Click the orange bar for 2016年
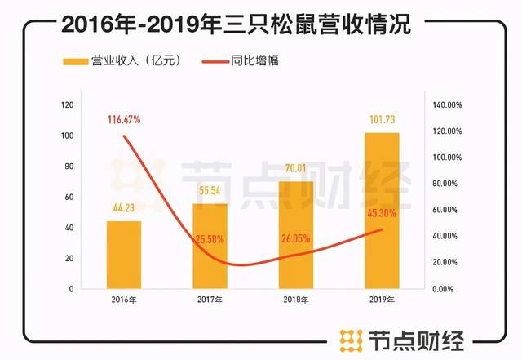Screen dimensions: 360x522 pos(123,255)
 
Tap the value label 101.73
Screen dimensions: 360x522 pos(382,122)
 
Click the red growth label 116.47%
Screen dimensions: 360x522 pos(123,120)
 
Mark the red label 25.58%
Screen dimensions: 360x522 pos(210,238)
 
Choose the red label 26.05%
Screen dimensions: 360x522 pos(295,238)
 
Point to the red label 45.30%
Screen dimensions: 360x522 pos(382,214)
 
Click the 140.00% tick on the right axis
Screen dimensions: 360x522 pos(446,105)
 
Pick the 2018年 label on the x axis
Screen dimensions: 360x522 pos(295,301)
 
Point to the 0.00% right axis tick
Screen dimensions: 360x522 pos(441,289)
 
